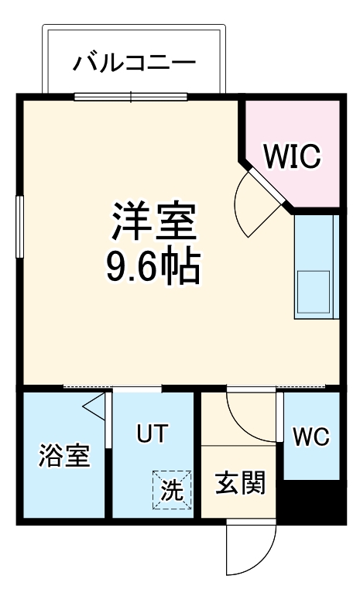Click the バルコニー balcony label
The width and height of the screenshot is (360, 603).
pos(135,63)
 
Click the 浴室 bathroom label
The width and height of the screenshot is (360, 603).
pos(65,455)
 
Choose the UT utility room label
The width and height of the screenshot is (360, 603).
pos(153,434)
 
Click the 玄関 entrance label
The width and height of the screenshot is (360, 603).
pos(240,484)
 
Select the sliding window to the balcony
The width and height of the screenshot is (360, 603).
pos(131,98)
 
